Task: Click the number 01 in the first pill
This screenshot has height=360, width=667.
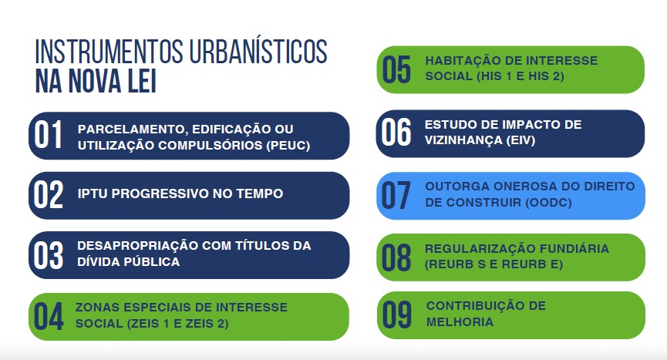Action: [x=49, y=135]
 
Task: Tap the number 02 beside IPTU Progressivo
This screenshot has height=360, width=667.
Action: [x=49, y=195]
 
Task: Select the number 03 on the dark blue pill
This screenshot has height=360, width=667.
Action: [x=49, y=255]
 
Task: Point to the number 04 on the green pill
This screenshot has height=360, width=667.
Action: [x=49, y=316]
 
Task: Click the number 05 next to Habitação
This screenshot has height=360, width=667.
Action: [x=396, y=69]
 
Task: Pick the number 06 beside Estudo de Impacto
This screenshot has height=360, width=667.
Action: [x=396, y=132]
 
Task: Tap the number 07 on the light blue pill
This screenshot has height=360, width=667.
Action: [x=396, y=195]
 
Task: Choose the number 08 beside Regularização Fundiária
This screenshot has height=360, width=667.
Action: [x=396, y=257]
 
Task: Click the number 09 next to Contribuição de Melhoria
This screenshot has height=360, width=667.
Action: [x=397, y=315]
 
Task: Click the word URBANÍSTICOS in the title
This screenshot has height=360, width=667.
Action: [x=258, y=52]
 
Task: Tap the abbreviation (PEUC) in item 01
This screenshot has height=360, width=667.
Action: [x=288, y=146]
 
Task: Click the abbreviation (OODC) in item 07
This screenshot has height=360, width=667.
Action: [x=549, y=202]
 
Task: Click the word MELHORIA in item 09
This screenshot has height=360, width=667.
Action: [x=460, y=321]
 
